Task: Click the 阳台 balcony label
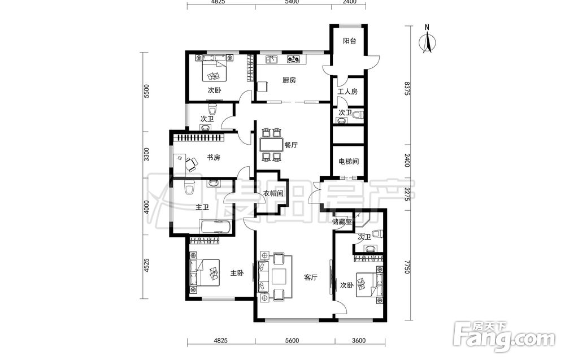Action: point(349,41)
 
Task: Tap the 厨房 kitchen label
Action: point(289,80)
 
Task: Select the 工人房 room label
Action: point(347,92)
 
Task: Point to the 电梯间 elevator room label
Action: point(349,162)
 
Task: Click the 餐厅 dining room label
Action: point(291,145)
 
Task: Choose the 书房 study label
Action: point(214,158)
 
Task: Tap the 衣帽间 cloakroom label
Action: point(273,193)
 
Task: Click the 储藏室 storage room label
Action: point(342,222)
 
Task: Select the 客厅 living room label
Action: point(311,277)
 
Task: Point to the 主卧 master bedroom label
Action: point(237,273)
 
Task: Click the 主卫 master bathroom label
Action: point(202,207)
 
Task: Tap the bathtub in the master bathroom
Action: point(215,227)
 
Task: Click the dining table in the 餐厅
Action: point(271,145)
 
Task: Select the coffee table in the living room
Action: point(279,277)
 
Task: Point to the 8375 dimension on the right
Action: point(407,88)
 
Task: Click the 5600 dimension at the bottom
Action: point(292,341)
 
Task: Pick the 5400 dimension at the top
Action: point(292,2)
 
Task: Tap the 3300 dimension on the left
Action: point(146,155)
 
